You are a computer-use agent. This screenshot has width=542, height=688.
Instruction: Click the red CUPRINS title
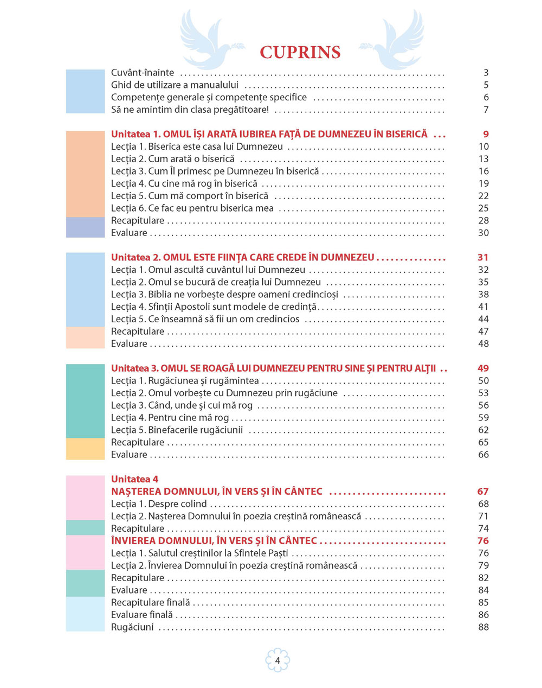pyautogui.click(x=300, y=52)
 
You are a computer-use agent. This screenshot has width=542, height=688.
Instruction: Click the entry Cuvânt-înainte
pyautogui.click(x=143, y=73)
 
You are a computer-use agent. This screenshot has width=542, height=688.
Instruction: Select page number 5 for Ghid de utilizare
pyautogui.click(x=486, y=85)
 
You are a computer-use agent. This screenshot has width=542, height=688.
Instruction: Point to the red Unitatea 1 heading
pyautogui.click(x=269, y=134)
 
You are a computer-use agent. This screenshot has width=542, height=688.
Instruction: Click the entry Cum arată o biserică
pyautogui.click(x=173, y=159)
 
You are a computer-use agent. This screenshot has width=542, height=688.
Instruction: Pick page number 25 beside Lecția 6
pyautogui.click(x=483, y=208)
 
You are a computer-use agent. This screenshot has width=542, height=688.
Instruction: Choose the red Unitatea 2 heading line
pyautogui.click(x=242, y=257)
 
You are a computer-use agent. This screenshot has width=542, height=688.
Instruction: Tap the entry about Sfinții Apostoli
pyautogui.click(x=214, y=307)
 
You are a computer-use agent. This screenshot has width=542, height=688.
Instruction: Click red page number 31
pyautogui.click(x=483, y=257)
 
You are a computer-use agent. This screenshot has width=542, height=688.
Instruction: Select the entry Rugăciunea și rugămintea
pyautogui.click(x=185, y=381)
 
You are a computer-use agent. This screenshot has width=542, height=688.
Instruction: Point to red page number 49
pyautogui.click(x=483, y=368)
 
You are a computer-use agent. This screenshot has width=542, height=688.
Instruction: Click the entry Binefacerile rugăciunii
pyautogui.click(x=177, y=430)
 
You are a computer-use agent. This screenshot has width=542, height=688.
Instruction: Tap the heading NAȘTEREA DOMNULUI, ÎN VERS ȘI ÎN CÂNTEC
pyautogui.click(x=217, y=492)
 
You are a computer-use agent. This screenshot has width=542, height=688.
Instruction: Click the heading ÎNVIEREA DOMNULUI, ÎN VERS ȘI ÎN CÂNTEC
pyautogui.click(x=214, y=541)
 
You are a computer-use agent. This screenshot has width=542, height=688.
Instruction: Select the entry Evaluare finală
pyautogui.click(x=142, y=615)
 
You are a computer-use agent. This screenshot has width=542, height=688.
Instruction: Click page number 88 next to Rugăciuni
pyautogui.click(x=483, y=627)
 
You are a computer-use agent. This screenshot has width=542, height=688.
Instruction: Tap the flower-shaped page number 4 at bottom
pyautogui.click(x=278, y=660)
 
